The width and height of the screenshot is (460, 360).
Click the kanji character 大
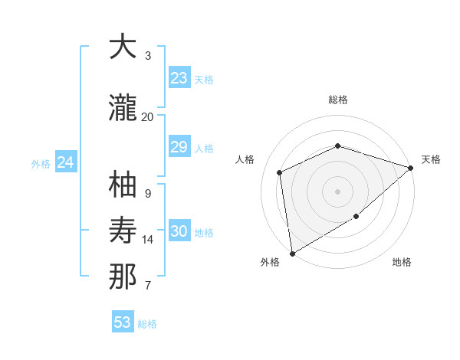pos(123,47)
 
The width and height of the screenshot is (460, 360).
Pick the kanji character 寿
pos(123,230)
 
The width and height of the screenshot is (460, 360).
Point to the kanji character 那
pos(123,277)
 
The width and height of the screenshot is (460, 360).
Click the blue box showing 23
pos(179,78)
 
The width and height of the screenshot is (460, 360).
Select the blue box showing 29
pos(179,147)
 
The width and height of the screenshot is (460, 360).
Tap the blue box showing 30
pos(179,231)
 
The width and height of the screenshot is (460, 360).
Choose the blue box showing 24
pos(66,162)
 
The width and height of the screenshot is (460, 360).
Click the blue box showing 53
pos(123,322)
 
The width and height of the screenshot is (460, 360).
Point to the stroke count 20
pos(147,117)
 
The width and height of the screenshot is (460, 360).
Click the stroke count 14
pos(148,240)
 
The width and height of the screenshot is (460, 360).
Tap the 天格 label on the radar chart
pos(431,159)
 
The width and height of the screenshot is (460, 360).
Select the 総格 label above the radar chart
pos(338,100)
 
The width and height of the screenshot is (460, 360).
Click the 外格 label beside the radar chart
pos(270,262)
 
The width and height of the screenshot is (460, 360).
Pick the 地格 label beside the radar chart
pos(402,262)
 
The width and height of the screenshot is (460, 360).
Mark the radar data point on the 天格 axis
pos(411,168)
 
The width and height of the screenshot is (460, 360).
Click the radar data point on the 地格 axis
pos(356,217)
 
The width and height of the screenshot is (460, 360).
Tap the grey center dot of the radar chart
pos(337,191)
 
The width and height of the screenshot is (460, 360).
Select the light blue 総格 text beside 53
pos(147,324)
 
